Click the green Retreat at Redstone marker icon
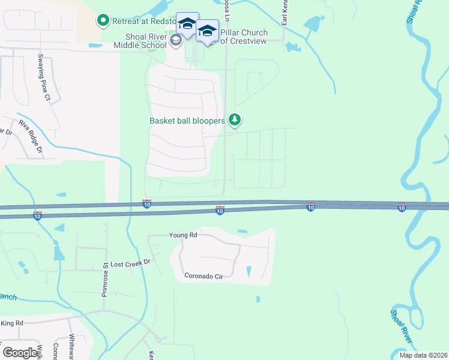103,22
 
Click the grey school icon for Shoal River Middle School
176,40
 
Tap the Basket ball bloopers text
187,121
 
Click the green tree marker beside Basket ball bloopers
235,121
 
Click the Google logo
20,352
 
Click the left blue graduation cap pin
187,25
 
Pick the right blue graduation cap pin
208,31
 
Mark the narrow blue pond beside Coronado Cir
249,272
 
